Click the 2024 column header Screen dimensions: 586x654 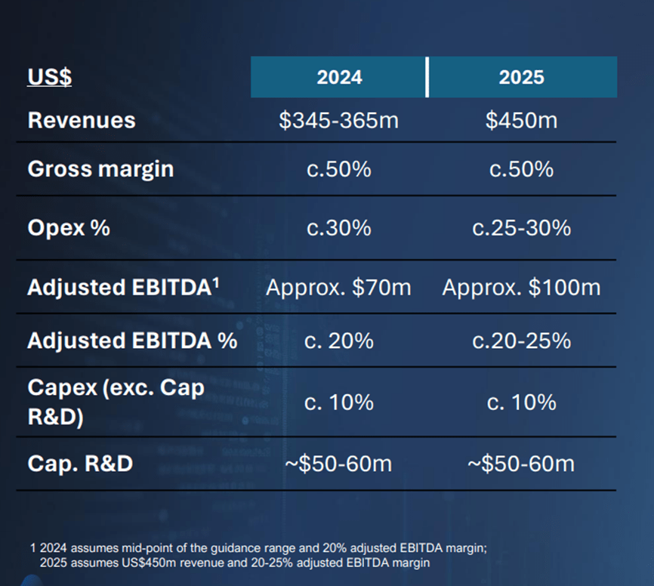[x=338, y=78]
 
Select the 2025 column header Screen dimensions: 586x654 [x=521, y=78]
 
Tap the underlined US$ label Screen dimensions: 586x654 [x=49, y=78]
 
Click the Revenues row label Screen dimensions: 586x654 [x=82, y=121]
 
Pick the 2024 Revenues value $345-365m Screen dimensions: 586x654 [x=338, y=121]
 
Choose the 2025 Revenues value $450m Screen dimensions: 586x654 [x=521, y=121]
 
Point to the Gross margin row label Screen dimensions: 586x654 [x=100, y=169]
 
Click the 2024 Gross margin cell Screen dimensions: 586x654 [x=338, y=169]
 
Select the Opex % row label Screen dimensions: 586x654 [x=69, y=228]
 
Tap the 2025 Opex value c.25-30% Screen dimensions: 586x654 [x=521, y=228]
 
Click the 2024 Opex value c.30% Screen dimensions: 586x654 [x=338, y=228]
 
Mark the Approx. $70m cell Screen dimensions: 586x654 [x=338, y=288]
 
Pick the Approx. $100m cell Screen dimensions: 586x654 [x=521, y=288]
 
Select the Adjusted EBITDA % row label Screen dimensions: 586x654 [x=132, y=341]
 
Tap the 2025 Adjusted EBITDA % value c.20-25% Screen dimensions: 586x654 [x=521, y=341]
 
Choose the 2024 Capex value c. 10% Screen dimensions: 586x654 [x=338, y=402]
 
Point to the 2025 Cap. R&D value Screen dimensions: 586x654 [x=521, y=463]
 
